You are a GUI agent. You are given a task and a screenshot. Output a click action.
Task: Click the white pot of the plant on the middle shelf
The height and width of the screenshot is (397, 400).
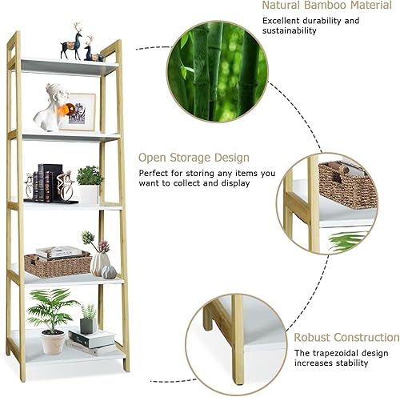[x=89, y=194]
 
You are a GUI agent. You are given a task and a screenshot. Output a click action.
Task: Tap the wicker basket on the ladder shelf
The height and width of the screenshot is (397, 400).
[x=56, y=265]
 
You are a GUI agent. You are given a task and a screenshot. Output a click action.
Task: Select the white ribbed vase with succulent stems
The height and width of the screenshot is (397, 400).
[x=99, y=263]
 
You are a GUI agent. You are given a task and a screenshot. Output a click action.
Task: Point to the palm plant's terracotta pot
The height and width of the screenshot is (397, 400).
[x=53, y=342]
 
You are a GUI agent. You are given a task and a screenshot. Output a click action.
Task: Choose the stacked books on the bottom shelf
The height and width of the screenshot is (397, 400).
[x=90, y=340]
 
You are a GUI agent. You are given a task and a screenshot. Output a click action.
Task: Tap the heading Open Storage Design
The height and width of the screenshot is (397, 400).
[x=194, y=158]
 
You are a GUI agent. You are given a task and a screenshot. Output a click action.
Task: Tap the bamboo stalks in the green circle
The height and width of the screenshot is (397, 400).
[x=214, y=70]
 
